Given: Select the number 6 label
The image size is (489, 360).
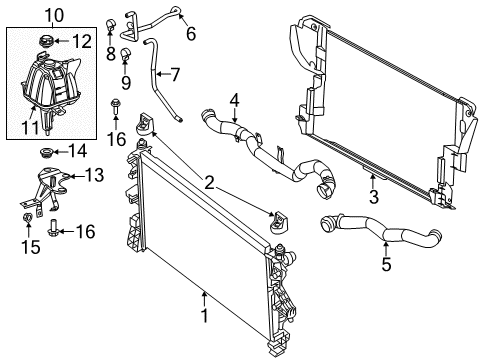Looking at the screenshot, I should pyautogui.click(x=190, y=33).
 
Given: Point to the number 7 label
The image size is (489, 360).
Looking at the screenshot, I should pyautogui.click(x=175, y=75).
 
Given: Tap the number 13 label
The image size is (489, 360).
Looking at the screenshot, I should pyautogui.click(x=94, y=176).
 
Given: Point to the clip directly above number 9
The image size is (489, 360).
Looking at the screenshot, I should pyautogui.click(x=126, y=53).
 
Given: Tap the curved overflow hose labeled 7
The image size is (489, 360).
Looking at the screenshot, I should pyautogui.click(x=159, y=75).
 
